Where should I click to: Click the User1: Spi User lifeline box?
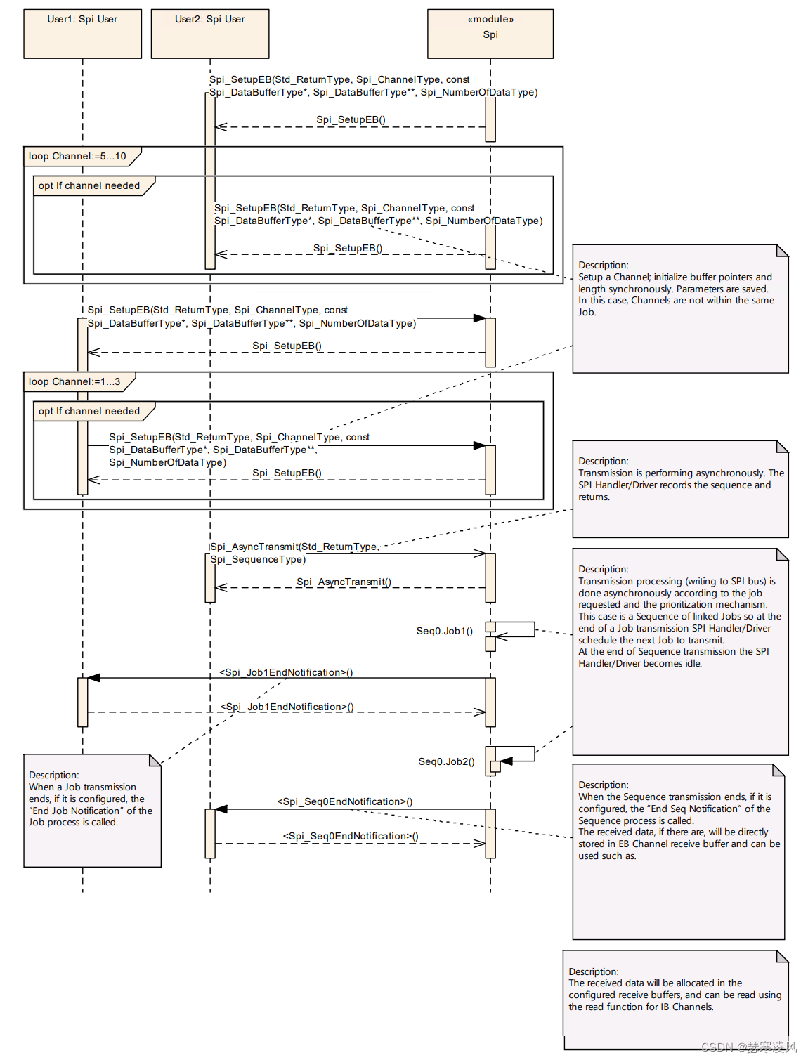[82, 33]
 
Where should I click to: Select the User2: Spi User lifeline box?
[209, 33]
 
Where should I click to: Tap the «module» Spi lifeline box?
[490, 33]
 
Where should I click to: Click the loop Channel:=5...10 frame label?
[77, 156]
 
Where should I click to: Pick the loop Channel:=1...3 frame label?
[74, 381]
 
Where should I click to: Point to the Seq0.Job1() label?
[444, 631]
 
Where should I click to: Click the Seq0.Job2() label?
[446, 761]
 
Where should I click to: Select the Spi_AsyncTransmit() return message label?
[344, 582]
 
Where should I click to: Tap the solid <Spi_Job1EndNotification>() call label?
[286, 672]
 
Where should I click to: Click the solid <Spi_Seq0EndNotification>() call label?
[344, 801]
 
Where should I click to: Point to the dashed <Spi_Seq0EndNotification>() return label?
[351, 836]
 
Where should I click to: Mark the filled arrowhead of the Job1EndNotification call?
[93, 678]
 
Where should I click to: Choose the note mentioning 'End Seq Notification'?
[678, 851]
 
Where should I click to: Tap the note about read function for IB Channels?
[675, 999]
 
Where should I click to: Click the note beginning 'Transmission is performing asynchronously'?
[680, 488]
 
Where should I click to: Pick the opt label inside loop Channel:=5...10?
[89, 185]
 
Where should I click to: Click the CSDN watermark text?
[748, 1047]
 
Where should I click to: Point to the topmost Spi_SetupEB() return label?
[351, 119]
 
